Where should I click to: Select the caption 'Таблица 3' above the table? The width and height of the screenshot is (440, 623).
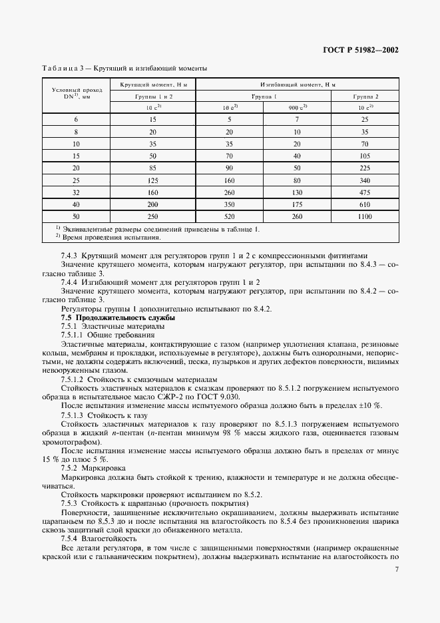point(65,68)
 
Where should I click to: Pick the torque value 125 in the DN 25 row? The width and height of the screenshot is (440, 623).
point(153,180)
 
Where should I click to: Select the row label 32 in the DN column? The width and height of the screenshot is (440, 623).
point(76,192)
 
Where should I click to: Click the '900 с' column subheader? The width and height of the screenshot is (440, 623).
point(297,107)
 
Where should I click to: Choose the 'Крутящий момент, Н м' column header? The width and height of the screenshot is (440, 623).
point(153,85)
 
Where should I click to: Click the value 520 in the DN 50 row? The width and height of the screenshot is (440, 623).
point(229,218)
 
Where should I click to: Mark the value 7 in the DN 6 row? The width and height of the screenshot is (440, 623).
point(297,118)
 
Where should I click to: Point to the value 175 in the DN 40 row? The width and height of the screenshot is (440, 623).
point(297,205)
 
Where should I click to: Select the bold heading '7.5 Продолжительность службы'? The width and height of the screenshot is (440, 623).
point(118,318)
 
